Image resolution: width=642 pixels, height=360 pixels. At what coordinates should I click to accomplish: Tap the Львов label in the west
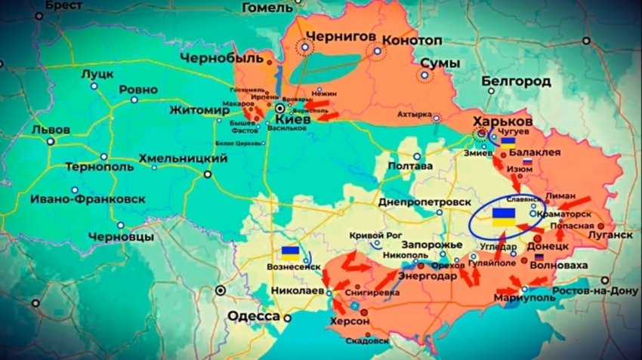(51, 129)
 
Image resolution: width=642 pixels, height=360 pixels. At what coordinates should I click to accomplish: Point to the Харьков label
(502, 122)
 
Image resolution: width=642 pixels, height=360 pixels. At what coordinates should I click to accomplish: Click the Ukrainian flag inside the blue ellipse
(504, 217)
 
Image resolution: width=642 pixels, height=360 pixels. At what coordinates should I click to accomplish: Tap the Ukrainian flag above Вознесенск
(289, 251)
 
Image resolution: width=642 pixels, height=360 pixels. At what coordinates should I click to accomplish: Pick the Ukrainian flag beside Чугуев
(508, 140)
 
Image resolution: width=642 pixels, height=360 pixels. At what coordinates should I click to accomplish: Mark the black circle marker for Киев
(280, 108)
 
